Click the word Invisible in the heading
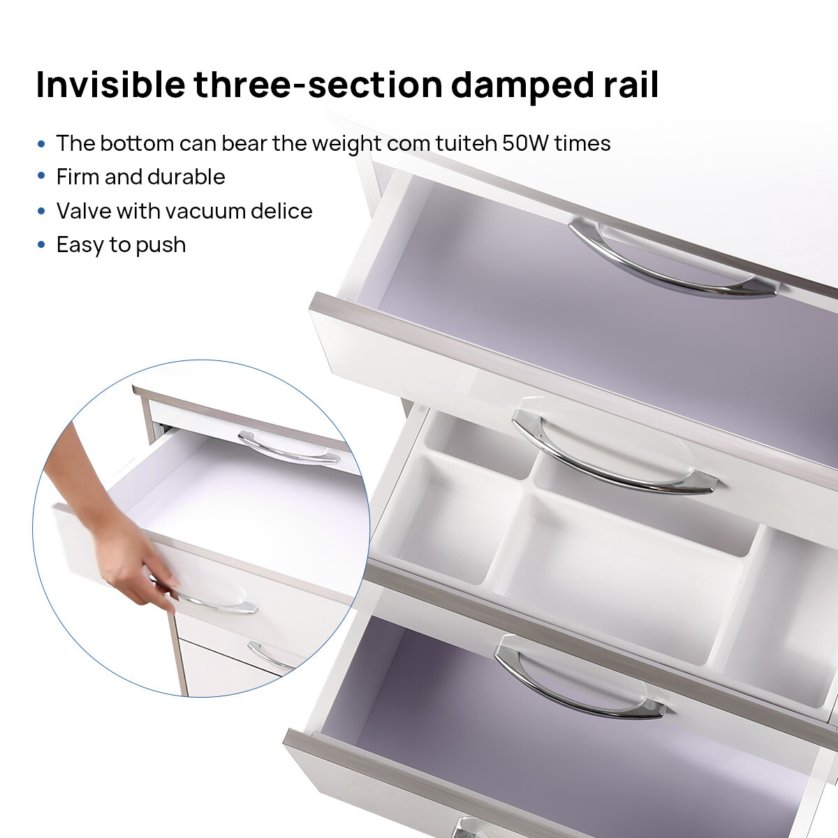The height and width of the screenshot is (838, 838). pos(111,84)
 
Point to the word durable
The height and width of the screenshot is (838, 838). pos(186,177)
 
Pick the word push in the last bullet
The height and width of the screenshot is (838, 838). pos(161,245)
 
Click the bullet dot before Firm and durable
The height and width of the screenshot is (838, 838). pos(41,176)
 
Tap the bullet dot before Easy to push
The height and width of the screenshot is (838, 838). pos(41,244)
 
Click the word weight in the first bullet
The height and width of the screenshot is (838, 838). pos(346,145)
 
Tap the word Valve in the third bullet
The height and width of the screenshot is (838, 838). pos(82,211)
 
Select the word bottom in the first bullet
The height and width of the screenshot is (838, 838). pos(137,143)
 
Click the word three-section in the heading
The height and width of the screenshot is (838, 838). pos(318,84)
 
